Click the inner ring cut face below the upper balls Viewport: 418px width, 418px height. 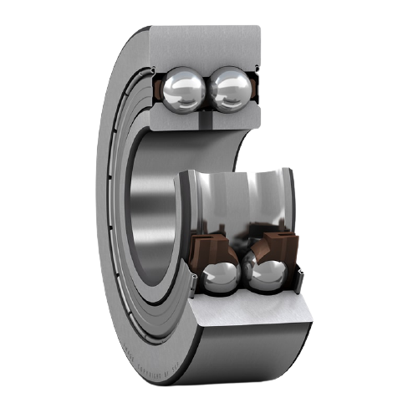click(205, 119)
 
